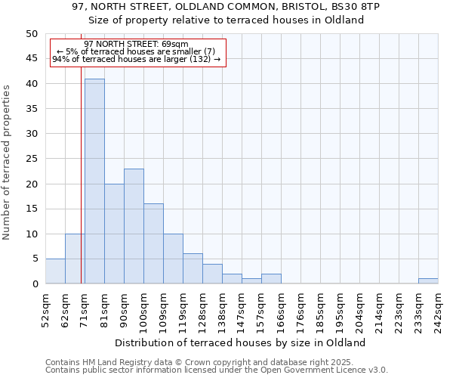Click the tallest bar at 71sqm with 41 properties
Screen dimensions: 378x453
pyautogui.click(x=94, y=181)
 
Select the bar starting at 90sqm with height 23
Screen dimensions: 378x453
pyautogui.click(x=134, y=226)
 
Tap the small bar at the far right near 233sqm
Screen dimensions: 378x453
pyautogui.click(x=428, y=281)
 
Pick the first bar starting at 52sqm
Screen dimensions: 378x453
pyautogui.click(x=55, y=271)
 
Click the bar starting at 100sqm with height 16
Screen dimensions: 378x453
pyautogui.click(x=153, y=243)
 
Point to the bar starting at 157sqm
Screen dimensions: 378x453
pyautogui.click(x=271, y=279)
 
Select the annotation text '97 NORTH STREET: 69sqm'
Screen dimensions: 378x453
pyautogui.click(x=137, y=45)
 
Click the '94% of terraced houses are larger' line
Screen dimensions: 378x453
pyautogui.click(x=137, y=59)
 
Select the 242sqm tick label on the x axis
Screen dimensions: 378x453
pyautogui.click(x=439, y=311)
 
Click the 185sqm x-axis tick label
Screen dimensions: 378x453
pyautogui.click(x=321, y=311)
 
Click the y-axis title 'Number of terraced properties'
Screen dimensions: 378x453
pyautogui.click(x=7, y=163)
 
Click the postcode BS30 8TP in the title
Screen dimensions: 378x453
pyautogui.click(x=355, y=7)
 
